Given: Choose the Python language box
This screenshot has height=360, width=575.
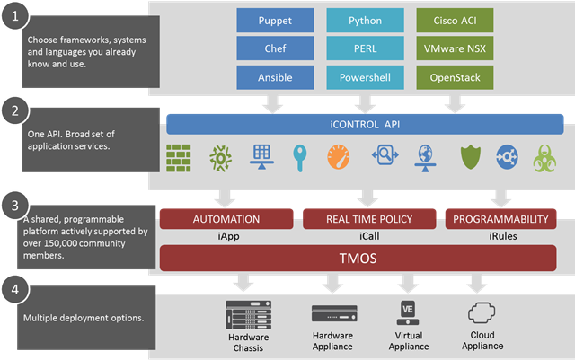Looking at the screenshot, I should [365, 19].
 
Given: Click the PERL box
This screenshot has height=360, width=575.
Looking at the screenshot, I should [365, 48].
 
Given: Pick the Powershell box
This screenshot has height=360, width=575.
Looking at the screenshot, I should [365, 76].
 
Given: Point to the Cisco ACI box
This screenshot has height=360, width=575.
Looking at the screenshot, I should [455, 19].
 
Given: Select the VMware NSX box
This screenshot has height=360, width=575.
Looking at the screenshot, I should [455, 48].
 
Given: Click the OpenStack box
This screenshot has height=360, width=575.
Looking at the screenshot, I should [455, 76].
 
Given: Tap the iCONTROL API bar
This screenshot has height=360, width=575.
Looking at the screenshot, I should [365, 123].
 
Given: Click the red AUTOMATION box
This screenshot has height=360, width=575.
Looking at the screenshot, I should [226, 217].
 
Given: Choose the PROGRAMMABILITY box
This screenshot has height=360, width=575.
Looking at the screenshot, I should [500, 217].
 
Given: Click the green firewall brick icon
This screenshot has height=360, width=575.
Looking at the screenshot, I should [179, 158].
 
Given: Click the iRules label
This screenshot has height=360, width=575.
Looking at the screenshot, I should [500, 235].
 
